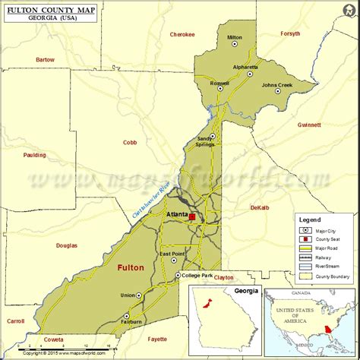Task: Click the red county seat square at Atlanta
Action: (x=192, y=217)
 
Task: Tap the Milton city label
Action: (x=235, y=36)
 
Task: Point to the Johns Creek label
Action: (x=276, y=84)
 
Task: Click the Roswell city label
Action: (x=219, y=82)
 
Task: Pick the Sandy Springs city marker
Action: (x=213, y=137)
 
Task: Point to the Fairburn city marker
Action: (x=128, y=315)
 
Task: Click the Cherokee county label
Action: (x=182, y=34)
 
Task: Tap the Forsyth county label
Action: (x=290, y=33)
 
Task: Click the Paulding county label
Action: (x=35, y=155)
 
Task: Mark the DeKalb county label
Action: (x=260, y=207)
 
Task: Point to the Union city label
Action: (x=128, y=295)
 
